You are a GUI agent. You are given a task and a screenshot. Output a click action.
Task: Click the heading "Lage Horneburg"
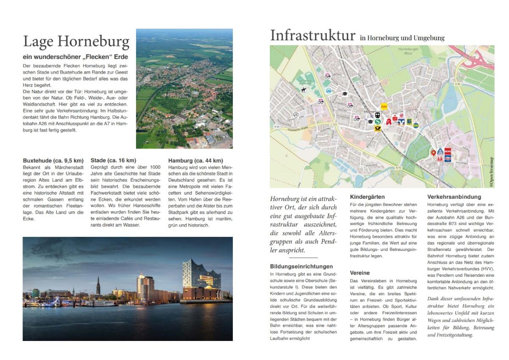click(x=76, y=42)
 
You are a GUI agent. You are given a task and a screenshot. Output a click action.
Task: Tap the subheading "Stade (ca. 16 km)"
click(x=113, y=160)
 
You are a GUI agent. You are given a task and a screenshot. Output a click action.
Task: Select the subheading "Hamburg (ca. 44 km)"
click(x=196, y=160)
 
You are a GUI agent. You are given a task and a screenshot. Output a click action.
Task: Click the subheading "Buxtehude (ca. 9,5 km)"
click(x=53, y=160)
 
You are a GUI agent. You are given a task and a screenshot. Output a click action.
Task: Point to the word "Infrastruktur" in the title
click(x=313, y=36)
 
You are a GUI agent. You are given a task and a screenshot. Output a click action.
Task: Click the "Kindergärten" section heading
click(x=367, y=197)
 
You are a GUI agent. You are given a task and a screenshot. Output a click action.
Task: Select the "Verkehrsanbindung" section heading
click(x=454, y=197)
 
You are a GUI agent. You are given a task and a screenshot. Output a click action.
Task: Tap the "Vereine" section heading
click(x=360, y=273)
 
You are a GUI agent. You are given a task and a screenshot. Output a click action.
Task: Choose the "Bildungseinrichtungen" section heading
click(x=301, y=267)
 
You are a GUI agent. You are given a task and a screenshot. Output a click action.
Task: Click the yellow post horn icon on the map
click(x=378, y=127)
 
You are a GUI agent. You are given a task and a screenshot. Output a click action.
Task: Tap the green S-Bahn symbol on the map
click(x=377, y=121)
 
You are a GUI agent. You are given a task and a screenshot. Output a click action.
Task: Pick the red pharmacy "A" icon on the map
click(x=389, y=122)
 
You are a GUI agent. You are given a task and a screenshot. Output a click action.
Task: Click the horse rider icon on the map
click(x=304, y=90)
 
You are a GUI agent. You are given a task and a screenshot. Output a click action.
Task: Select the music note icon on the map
click(x=296, y=115)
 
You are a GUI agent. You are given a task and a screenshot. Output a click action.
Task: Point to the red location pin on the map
click(x=433, y=153)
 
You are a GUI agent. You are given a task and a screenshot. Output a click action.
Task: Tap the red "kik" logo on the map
click(x=440, y=159)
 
